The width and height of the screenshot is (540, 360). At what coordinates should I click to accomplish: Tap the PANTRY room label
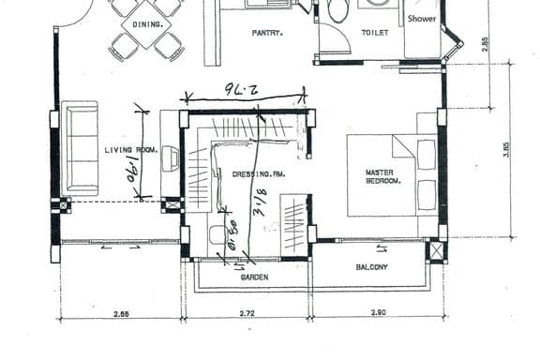click(x=267, y=33)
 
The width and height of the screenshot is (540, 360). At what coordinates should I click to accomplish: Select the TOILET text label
click(x=375, y=33)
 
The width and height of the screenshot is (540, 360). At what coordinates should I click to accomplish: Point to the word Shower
click(x=421, y=18)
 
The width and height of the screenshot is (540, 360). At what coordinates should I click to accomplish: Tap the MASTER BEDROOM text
click(x=382, y=176)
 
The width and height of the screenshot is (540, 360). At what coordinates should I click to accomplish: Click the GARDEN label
click(x=254, y=277)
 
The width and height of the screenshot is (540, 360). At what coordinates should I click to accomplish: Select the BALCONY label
click(x=371, y=267)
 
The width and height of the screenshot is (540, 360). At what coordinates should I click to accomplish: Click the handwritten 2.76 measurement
click(x=242, y=89)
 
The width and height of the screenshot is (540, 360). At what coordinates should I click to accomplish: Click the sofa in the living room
click(x=80, y=148)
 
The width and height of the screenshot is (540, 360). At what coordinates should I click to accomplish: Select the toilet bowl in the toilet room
click(x=337, y=10)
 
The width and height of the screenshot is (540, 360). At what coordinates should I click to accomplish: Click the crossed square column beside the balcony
click(x=436, y=251)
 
